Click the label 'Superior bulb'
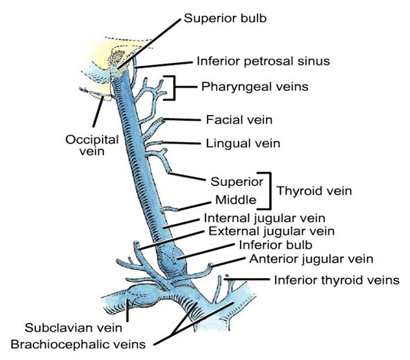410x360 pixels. pos(225,19)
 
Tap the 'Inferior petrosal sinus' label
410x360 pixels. pos(263,61)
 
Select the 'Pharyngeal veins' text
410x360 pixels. pos(255,87)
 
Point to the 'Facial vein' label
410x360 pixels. pos(239,120)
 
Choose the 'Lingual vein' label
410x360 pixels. pos(243,144)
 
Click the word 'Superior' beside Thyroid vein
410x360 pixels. pos(237,182)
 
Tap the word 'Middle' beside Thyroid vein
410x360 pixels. pos(236,200)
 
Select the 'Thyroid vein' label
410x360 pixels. pos(314,191)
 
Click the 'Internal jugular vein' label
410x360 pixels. pos(264,218)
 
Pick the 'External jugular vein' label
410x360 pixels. pos(271,232)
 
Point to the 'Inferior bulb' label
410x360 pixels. pos(275,246)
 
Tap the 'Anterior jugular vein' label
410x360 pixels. pos(311,259)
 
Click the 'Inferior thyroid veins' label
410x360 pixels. pos(336,280)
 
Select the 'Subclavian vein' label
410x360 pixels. pos(74,328)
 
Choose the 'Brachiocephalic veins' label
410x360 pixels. pos(78,344)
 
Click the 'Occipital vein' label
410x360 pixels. pos(92,146)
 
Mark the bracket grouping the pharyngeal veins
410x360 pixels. pos(174,88)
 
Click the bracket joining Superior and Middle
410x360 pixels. pos(269,191)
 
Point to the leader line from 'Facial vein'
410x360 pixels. pos(182,120)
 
